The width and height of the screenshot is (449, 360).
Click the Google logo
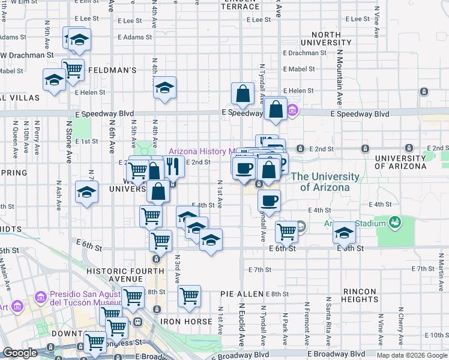(x=20, y=353)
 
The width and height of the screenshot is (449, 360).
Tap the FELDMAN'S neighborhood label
(x=112, y=70)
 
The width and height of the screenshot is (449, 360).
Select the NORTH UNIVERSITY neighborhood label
(x=326, y=39)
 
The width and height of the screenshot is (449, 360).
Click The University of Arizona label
(x=325, y=182)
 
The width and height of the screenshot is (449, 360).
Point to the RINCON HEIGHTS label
(x=359, y=295)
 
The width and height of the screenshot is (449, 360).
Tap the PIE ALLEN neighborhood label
(x=242, y=294)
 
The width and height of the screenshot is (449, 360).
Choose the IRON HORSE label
(x=186, y=322)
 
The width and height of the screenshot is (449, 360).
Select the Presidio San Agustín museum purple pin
(x=41, y=297)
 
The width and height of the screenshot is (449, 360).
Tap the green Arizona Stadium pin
(x=394, y=223)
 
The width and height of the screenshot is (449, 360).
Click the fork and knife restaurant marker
(x=173, y=166)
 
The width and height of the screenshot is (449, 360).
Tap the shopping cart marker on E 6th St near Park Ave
(x=287, y=230)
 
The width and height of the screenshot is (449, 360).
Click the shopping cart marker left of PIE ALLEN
(x=189, y=296)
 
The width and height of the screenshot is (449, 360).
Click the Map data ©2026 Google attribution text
(x=411, y=355)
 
